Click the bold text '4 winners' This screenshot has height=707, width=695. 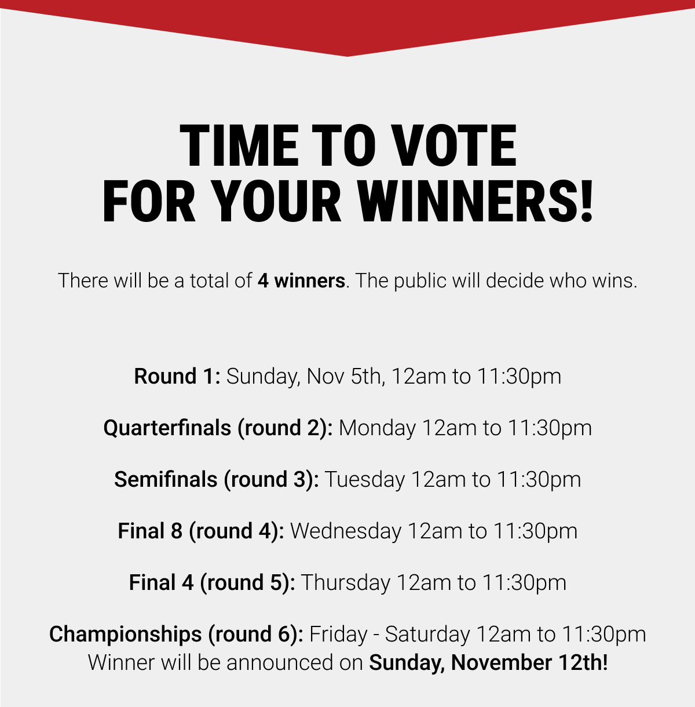[301, 281]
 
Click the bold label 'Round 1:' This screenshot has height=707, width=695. [177, 377]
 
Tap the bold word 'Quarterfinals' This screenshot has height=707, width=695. [167, 428]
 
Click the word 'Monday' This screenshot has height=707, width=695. [377, 428]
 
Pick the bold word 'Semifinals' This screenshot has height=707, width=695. [166, 480]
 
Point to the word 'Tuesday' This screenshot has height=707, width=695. [364, 480]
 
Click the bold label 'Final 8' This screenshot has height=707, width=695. [150, 531]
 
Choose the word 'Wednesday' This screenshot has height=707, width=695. [346, 531]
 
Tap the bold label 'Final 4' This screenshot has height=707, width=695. [161, 583]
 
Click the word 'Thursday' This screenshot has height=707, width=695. [346, 583]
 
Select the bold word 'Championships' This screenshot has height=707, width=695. [125, 635]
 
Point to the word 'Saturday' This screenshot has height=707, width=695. [427, 635]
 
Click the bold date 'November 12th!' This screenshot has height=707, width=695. [529, 662]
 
